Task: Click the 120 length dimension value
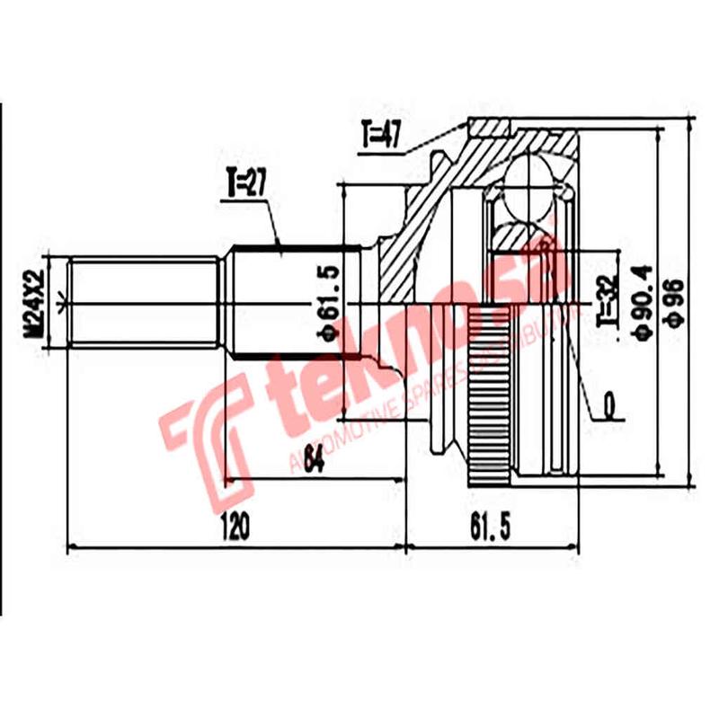pyautogui.click(x=235, y=526)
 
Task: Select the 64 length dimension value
pyautogui.click(x=313, y=460)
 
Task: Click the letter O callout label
pyautogui.click(x=612, y=408)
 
